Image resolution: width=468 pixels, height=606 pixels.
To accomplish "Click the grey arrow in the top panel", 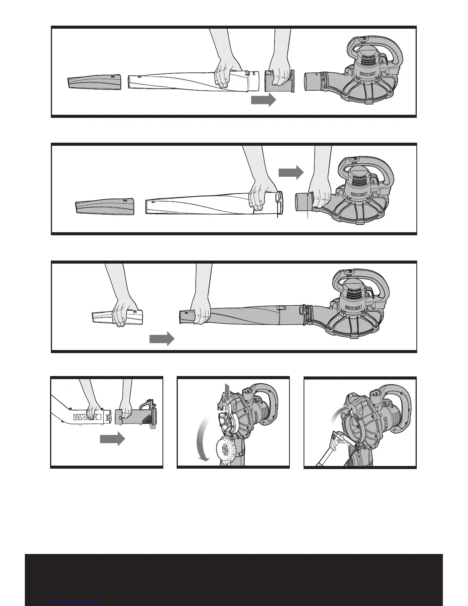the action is point(263,100).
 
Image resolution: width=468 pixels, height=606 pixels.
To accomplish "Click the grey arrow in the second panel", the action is point(291,173).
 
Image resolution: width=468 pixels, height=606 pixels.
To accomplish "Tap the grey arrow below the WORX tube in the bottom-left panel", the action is point(112,440).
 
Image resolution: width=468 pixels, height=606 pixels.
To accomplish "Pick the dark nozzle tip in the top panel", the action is point(94,82).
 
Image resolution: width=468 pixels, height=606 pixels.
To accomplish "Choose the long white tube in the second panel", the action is point(199,206).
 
